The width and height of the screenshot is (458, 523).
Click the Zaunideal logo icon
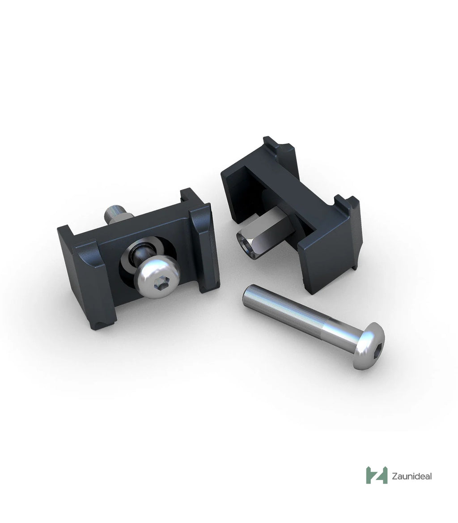[377, 475]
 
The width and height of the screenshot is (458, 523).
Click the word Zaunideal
[411, 476]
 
